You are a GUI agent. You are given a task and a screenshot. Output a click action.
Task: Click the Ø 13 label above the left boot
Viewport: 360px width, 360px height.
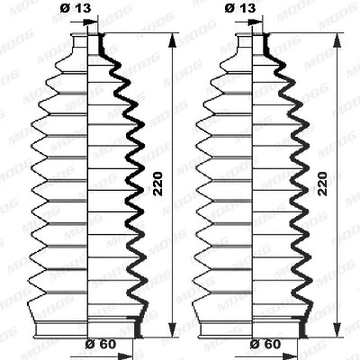(x=75, y=8)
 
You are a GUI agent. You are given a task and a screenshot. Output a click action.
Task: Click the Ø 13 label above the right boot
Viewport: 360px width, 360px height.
(x=240, y=8)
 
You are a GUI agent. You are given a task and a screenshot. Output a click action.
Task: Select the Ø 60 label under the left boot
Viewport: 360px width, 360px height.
(x=101, y=344)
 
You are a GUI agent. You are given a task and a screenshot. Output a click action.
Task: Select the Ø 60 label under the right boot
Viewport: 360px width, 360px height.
(x=265, y=344)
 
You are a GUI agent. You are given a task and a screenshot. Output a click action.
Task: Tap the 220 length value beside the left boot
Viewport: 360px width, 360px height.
(x=157, y=184)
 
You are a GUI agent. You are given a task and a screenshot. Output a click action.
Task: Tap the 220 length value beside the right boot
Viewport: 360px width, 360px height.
(x=322, y=184)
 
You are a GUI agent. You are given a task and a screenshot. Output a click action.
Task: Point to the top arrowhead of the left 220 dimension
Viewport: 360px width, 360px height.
(x=172, y=40)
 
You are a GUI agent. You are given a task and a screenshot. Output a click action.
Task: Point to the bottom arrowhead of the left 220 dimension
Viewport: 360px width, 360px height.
(x=172, y=329)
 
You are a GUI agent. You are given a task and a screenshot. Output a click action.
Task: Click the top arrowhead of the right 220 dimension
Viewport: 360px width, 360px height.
(x=337, y=40)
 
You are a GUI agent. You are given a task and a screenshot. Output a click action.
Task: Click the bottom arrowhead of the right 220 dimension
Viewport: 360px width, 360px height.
(x=337, y=329)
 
